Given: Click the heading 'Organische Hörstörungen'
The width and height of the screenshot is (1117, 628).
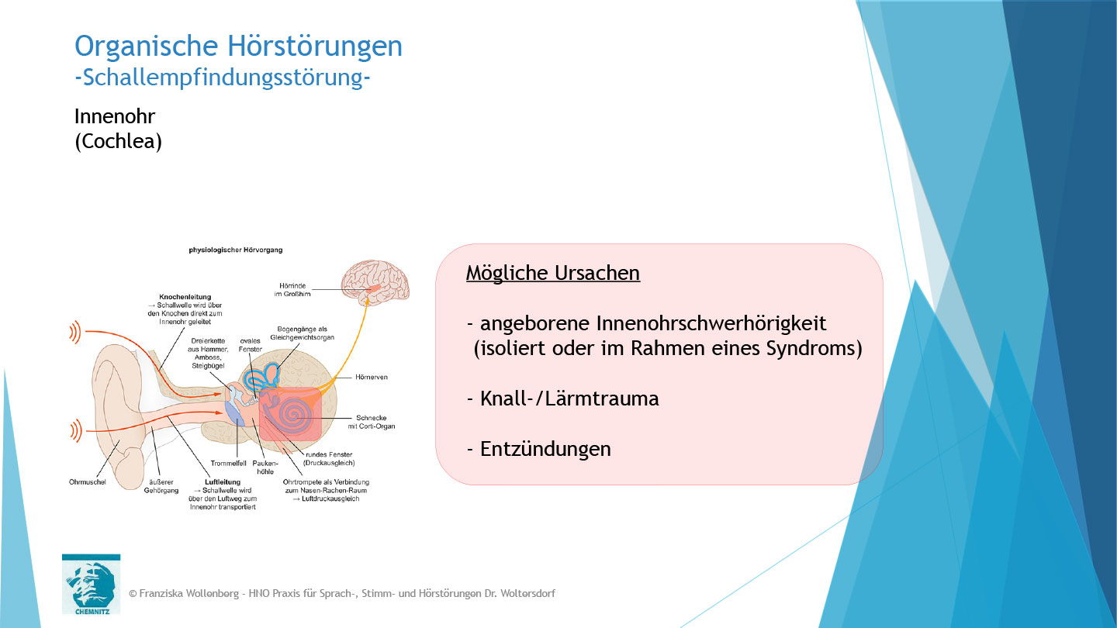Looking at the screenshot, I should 238,47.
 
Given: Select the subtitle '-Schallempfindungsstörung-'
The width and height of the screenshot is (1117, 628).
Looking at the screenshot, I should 222,77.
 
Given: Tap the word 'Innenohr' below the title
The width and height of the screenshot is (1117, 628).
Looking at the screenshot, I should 115,116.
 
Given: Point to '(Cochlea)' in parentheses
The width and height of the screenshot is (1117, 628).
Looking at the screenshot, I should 118,143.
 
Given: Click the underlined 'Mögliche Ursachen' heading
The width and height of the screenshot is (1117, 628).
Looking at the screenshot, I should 552,273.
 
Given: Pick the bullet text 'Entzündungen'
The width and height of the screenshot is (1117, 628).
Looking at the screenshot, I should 545,449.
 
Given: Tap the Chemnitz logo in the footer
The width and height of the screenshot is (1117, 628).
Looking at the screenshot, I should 91,583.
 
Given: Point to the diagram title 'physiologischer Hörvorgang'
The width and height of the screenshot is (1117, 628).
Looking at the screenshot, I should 236,250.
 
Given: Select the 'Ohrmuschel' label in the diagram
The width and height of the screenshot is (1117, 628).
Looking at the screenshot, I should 88,481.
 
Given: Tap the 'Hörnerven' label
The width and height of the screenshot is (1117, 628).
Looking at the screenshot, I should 372,377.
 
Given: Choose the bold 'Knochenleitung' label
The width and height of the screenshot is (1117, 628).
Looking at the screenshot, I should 185,297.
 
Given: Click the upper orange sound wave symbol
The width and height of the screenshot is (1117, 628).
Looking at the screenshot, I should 74,333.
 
